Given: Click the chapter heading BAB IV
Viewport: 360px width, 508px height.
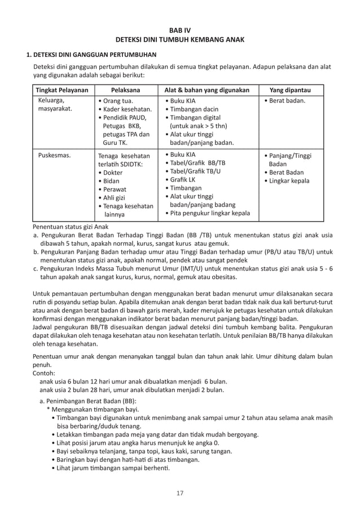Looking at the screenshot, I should (181, 29).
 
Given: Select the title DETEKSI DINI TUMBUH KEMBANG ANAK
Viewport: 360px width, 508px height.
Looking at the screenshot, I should (181, 40).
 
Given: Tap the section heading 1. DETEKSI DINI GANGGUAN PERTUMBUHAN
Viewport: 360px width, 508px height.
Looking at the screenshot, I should (92, 55).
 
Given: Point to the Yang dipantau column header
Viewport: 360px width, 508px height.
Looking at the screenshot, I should (289, 90).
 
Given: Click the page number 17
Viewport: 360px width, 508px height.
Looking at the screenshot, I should (180, 494).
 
